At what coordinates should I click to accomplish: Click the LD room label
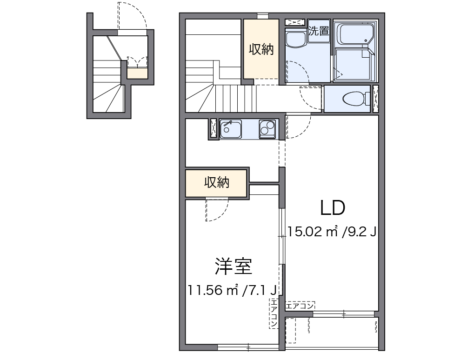tap(332, 208)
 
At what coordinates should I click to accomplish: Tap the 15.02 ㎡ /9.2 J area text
tap(332, 231)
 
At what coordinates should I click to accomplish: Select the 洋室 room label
tap(233, 266)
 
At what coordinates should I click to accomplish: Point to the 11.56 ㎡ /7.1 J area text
tap(233, 290)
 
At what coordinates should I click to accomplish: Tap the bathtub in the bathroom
tap(355, 33)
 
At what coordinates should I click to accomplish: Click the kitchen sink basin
tap(230, 128)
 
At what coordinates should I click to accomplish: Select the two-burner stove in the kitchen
tap(267, 128)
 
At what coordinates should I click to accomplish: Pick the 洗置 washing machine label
tap(319, 31)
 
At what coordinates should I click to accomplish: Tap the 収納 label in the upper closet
tap(261, 49)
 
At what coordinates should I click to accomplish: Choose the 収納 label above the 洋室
tap(217, 183)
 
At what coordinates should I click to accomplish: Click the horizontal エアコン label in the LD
tap(300, 306)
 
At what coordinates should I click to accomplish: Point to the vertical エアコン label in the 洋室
tap(274, 314)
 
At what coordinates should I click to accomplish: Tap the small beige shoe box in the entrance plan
tap(137, 73)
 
